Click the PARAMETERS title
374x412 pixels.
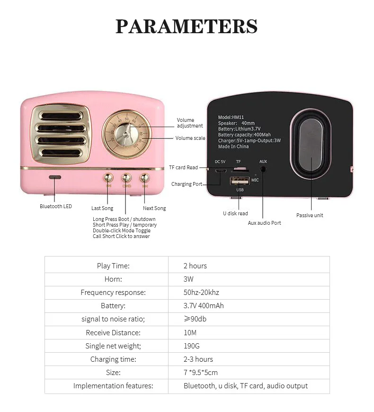click(x=187, y=26)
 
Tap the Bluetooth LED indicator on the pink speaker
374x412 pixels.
click(x=55, y=177)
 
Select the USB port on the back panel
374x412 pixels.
click(x=240, y=181)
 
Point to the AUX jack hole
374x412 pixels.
click(x=263, y=169)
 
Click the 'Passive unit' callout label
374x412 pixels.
click(x=310, y=215)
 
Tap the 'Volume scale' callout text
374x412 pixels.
click(x=190, y=138)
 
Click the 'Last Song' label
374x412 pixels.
click(x=102, y=208)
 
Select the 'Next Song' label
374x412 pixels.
click(x=154, y=208)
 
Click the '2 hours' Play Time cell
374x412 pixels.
click(x=195, y=266)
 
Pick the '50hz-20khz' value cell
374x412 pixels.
click(x=201, y=293)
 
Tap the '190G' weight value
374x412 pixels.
click(x=192, y=346)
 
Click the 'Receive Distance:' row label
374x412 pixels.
click(x=113, y=333)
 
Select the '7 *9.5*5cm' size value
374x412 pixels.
click(x=201, y=372)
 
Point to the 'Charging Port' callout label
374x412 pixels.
click(x=187, y=184)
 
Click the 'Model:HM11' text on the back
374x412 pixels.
click(x=231, y=117)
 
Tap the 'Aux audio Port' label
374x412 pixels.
click(x=264, y=223)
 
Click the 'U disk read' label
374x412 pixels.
click(x=235, y=213)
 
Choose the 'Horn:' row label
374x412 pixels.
click(x=113, y=279)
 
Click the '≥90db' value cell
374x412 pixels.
click(x=195, y=319)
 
